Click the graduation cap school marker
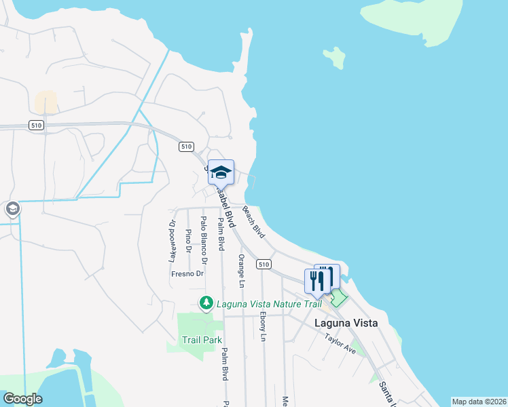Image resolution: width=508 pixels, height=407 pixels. point(221,172)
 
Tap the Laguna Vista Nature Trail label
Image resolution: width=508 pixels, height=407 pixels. point(269,303)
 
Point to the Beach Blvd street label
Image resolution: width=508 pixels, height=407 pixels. point(253,222)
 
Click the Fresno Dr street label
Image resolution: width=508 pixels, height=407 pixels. point(187,274)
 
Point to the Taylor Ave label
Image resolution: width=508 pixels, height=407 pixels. point(340,344)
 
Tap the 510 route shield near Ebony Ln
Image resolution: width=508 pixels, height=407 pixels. point(264,264)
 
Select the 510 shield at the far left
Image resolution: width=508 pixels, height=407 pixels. point(37,125)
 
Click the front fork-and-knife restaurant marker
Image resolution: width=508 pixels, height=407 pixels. point(317,281)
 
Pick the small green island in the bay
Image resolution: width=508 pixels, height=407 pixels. point(333,57)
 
